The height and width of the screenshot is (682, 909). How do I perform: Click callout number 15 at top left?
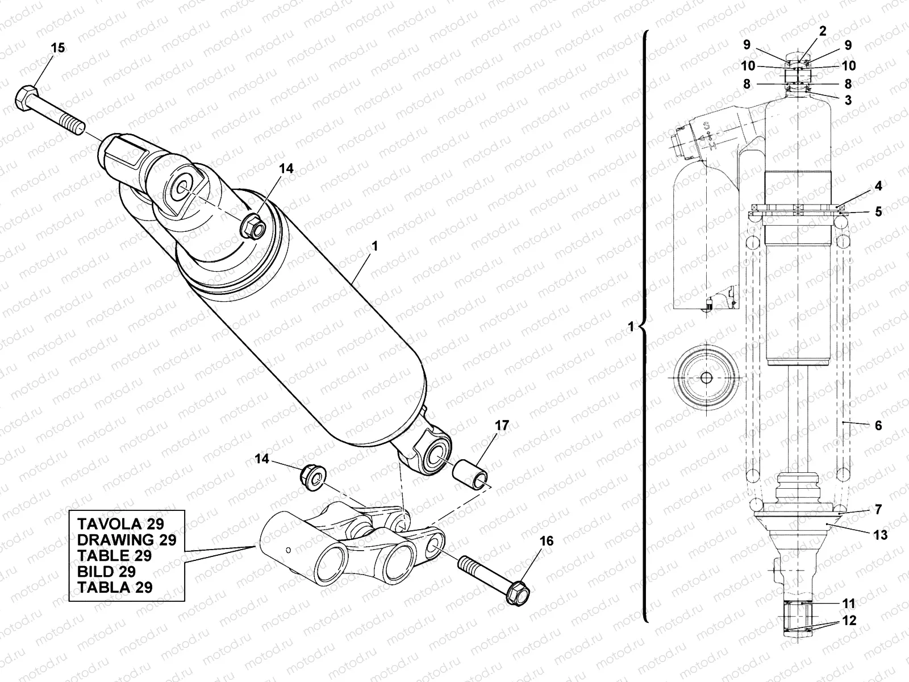coord(58,48)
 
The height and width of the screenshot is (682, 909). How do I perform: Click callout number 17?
coord(502,426)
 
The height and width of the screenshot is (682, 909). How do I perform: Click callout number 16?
coord(546,541)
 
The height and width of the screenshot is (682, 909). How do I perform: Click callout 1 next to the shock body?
coord(374,247)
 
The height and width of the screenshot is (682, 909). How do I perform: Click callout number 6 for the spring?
coord(878,425)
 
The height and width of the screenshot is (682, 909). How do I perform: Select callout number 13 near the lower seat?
coord(881,535)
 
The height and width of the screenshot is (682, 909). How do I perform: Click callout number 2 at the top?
coord(822,31)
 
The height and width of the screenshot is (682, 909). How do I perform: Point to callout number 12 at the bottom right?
coord(849,621)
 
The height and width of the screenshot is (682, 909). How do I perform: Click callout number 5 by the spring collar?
coord(878,212)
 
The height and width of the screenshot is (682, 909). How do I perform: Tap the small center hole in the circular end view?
coord(706,378)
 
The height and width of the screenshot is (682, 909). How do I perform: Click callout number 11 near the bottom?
coord(849,603)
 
